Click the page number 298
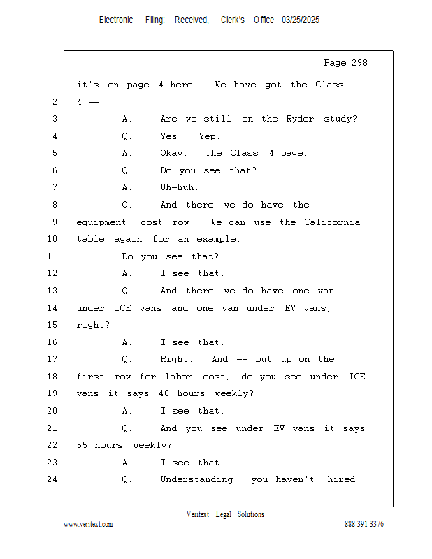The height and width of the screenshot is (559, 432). pyautogui.click(x=359, y=63)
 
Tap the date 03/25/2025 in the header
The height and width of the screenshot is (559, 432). pyautogui.click(x=301, y=20)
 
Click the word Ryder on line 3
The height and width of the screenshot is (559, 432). pyautogui.click(x=300, y=119)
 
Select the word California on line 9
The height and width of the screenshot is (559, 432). pyautogui.click(x=332, y=222)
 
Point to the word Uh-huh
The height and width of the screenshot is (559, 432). pyautogui.click(x=179, y=187)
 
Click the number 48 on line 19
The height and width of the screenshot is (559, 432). pyautogui.click(x=164, y=393)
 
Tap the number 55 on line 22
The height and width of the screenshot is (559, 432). pyautogui.click(x=82, y=445)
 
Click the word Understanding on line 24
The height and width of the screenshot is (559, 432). pyautogui.click(x=196, y=479)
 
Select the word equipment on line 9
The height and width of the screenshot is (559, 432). pyautogui.click(x=101, y=223)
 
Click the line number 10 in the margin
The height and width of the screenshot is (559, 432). pyautogui.click(x=52, y=239)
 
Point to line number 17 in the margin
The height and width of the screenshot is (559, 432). pyautogui.click(x=52, y=359)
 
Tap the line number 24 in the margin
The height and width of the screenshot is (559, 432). pyautogui.click(x=52, y=479)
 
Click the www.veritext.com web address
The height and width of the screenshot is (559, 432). pyautogui.click(x=88, y=524)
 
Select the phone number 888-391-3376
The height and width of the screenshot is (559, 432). pyautogui.click(x=364, y=523)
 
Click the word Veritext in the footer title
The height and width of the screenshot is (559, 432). pyautogui.click(x=198, y=514)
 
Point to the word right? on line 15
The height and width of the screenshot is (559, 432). pyautogui.click(x=93, y=326)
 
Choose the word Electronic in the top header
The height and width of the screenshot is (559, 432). pyautogui.click(x=116, y=20)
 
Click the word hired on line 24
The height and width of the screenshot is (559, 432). pyautogui.click(x=341, y=479)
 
